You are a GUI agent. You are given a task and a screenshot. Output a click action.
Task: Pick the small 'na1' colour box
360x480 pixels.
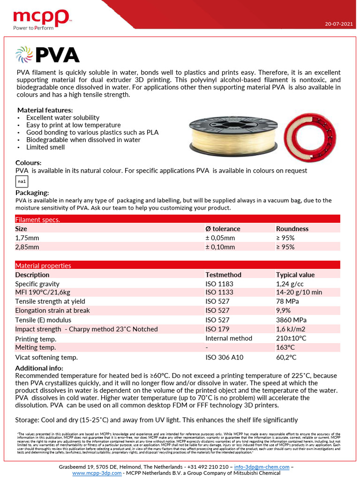coord(22,181)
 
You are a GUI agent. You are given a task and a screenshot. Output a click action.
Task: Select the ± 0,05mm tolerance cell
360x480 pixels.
coord(220,238)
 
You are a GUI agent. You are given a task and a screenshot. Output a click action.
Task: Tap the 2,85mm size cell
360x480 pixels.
coord(27,247)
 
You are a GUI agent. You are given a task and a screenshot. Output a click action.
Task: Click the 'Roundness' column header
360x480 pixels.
coord(292,229)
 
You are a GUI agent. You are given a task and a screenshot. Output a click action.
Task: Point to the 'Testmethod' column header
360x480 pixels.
coord(223,275)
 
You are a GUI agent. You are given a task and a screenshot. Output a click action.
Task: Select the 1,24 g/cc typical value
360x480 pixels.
coord(290,284)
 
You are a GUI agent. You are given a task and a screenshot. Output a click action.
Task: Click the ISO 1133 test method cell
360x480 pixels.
coord(219,292)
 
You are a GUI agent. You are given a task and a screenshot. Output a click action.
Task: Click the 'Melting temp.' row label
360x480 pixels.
coord(36,347)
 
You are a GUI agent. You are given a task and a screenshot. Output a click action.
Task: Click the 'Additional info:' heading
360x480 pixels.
coord(39,368)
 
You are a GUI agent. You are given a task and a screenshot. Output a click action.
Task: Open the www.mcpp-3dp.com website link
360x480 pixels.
coord(97,473)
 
